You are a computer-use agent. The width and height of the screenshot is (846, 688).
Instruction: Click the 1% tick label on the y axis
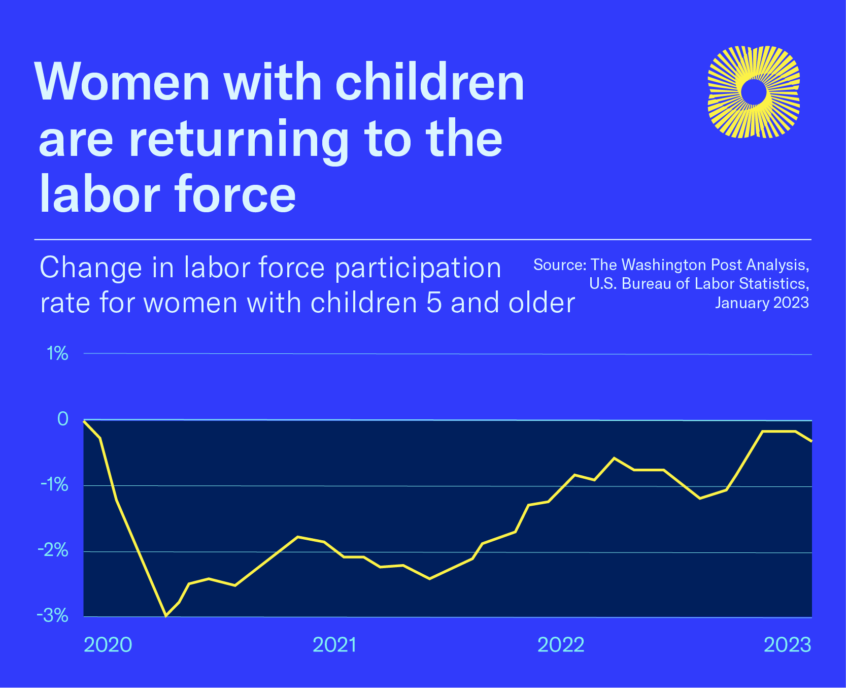pyautogui.click(x=57, y=353)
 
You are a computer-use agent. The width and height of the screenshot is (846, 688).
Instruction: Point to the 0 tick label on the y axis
pyautogui.click(x=62, y=419)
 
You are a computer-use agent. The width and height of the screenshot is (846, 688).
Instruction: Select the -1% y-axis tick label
pyautogui.click(x=54, y=485)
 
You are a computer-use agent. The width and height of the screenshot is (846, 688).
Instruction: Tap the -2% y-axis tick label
pyautogui.click(x=53, y=550)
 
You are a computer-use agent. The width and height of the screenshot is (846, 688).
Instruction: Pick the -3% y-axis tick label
pyautogui.click(x=52, y=616)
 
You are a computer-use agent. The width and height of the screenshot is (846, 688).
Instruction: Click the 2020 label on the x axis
pyautogui.click(x=108, y=644)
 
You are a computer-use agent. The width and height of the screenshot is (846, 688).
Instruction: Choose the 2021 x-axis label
pyautogui.click(x=334, y=644)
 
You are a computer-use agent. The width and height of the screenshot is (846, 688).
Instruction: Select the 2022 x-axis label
pyautogui.click(x=561, y=644)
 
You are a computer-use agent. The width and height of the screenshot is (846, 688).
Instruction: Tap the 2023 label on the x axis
pyautogui.click(x=788, y=644)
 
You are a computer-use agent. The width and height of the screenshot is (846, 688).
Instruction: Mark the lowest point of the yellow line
pyautogui.click(x=165, y=616)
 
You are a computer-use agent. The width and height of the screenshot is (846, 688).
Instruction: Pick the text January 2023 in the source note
pyautogui.click(x=762, y=303)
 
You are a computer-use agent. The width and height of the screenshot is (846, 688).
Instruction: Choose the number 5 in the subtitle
pyautogui.click(x=434, y=303)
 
